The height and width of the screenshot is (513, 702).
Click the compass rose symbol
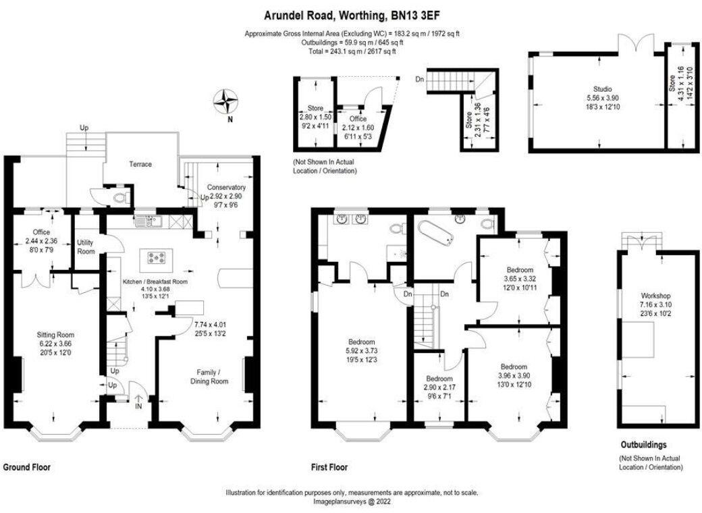pos(230,103)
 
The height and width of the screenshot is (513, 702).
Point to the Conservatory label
pos(226,187)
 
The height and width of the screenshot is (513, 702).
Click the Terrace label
pos(141,164)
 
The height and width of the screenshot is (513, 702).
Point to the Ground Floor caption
pos(27,466)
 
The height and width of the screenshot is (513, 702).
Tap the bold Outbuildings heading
pos(643,445)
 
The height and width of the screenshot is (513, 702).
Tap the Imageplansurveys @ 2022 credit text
pos(352,502)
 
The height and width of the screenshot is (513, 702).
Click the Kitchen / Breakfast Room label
pos(155,281)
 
